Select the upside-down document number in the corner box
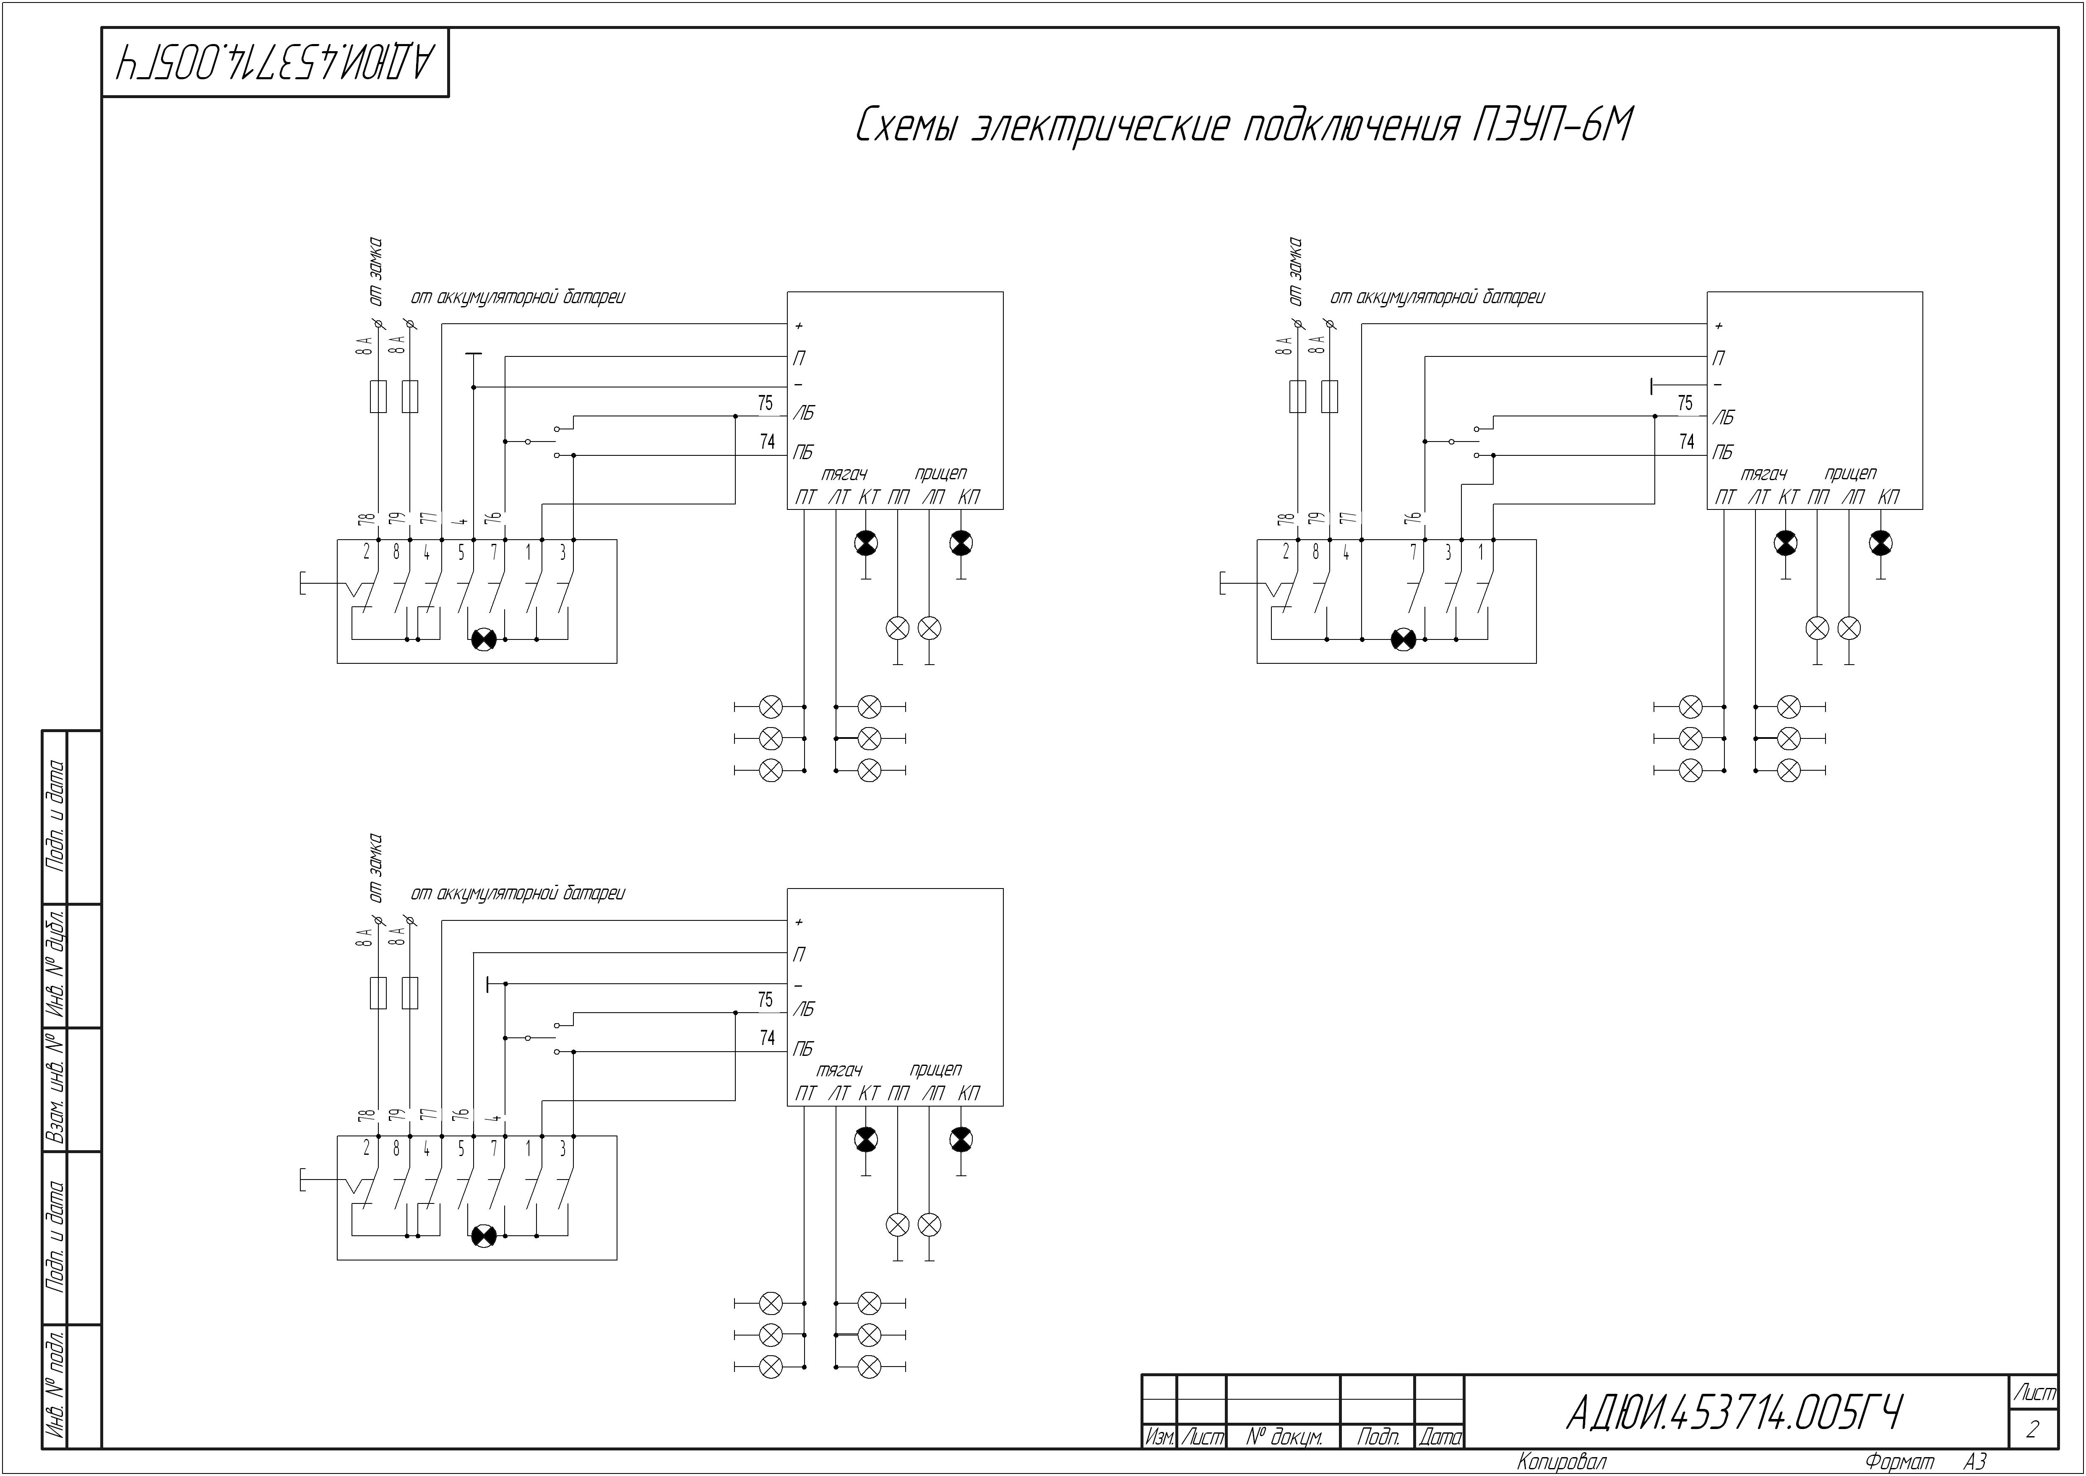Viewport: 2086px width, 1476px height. coord(276,62)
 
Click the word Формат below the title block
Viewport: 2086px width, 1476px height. coord(1900,1461)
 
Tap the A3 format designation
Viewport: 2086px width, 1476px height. coord(1975,1461)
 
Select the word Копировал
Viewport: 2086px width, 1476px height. coord(1562,1461)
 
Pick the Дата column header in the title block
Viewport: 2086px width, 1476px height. coord(1440,1437)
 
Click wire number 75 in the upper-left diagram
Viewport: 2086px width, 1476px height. coord(766,403)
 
